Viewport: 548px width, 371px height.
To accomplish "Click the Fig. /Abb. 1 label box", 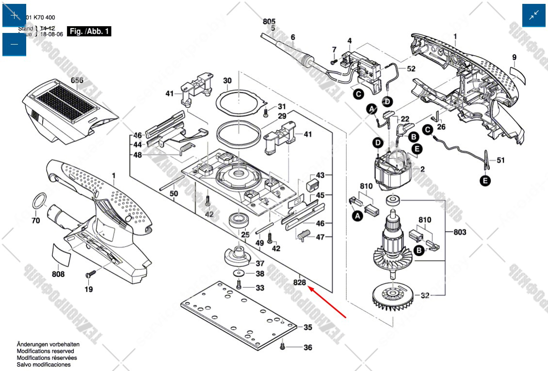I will tap(90, 31).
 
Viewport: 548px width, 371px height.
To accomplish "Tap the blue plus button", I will tap(15, 15).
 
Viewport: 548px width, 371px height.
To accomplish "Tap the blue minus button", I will tap(15, 44).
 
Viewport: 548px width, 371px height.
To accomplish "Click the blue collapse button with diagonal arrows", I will tap(534, 15).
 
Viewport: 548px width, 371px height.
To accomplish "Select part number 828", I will tap(300, 283).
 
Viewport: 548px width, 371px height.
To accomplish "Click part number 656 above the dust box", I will tap(77, 80).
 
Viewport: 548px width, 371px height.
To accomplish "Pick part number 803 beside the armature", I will tap(460, 232).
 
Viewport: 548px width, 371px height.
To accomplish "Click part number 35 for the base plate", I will tap(308, 327).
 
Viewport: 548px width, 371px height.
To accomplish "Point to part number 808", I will tap(58, 274).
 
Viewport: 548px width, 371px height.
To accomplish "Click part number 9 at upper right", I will tap(515, 58).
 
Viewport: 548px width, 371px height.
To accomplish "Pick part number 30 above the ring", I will tap(227, 80).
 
